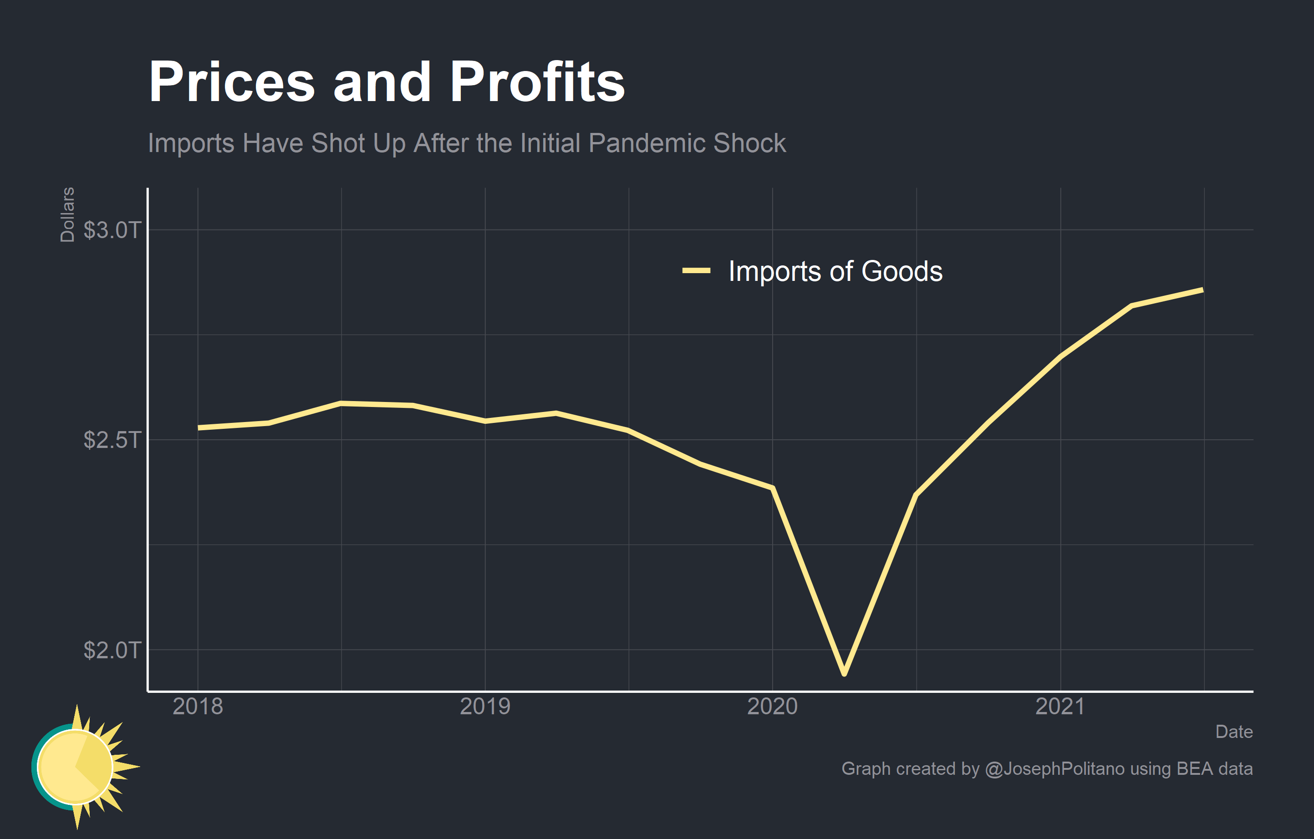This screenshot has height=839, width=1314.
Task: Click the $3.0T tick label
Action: pos(112,230)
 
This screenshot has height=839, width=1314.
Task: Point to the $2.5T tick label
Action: pos(112,440)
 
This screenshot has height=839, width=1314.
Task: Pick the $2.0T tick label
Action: pos(112,650)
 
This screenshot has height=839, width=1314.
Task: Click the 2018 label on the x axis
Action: pos(198,707)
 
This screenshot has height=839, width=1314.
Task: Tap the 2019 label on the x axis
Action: pos(485,707)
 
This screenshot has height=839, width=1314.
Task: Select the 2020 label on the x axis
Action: pos(772,707)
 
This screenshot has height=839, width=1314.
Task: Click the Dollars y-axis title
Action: pos(67,214)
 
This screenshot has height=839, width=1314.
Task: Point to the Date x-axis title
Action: pos(1234,732)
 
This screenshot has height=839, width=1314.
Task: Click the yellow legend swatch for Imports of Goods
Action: pos(696,270)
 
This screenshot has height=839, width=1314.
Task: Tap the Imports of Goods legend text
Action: pos(835,271)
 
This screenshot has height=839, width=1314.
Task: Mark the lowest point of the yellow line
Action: pos(844,674)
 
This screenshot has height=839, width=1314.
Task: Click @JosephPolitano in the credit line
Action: pos(1054,768)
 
